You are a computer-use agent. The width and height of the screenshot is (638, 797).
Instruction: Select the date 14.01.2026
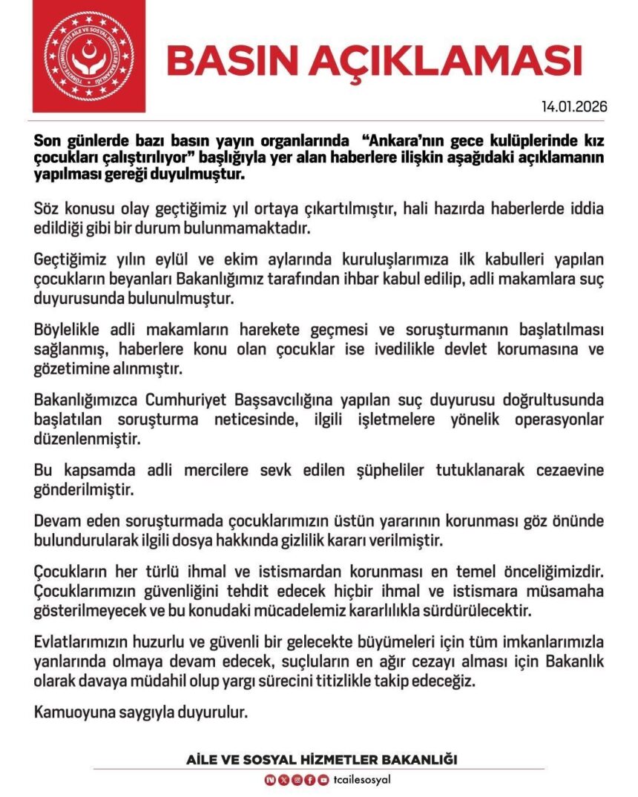click(x=575, y=106)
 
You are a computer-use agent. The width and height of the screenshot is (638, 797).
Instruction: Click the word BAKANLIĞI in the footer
click(x=421, y=760)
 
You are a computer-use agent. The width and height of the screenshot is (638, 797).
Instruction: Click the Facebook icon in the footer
click(x=309, y=779)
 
